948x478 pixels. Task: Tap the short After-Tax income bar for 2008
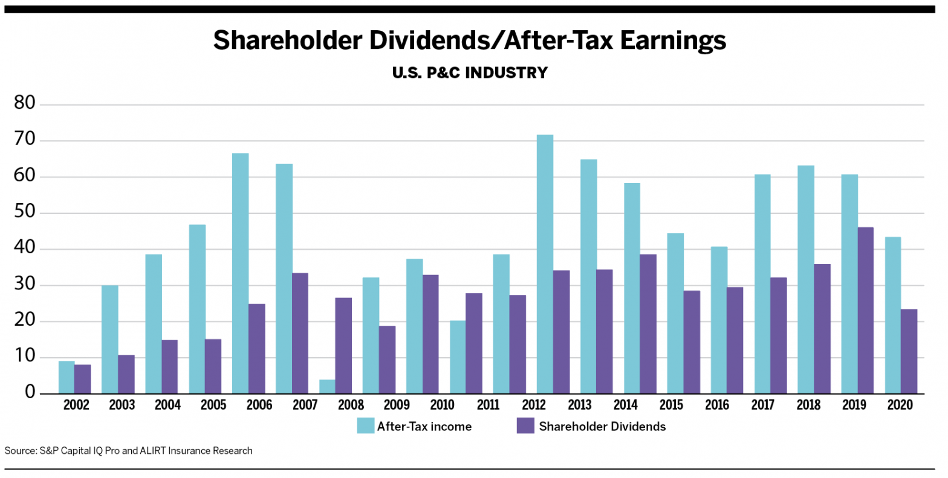pos(327,387)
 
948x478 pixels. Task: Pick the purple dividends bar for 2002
pos(83,379)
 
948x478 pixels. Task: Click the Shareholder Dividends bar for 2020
pos(909,352)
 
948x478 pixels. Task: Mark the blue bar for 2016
pos(719,320)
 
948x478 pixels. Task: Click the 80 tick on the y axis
pos(25,103)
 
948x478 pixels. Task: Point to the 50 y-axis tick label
pos(25,213)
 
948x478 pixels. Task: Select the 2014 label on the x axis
pos(625,405)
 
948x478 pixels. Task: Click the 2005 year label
pos(213,405)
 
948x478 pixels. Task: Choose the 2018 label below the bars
pos(808,405)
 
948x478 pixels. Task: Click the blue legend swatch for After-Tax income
pos(365,425)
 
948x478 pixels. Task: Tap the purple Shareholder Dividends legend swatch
pos(525,425)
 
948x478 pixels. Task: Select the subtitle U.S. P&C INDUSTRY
pos(470,73)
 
